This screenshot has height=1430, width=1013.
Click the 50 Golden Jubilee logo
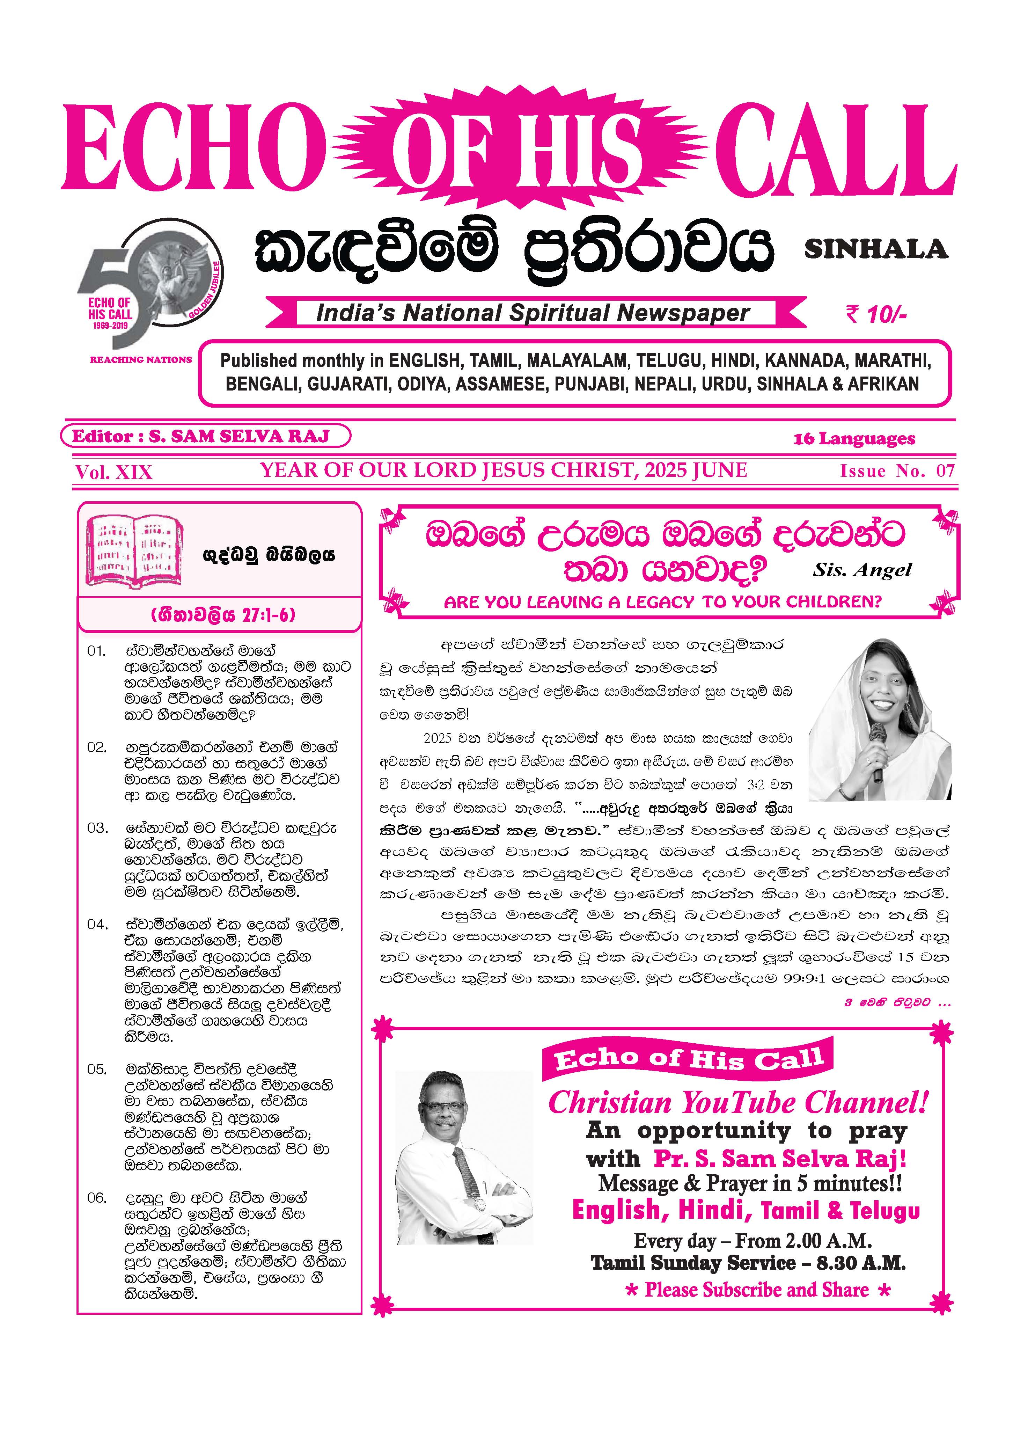(150, 284)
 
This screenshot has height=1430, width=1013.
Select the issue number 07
(945, 471)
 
